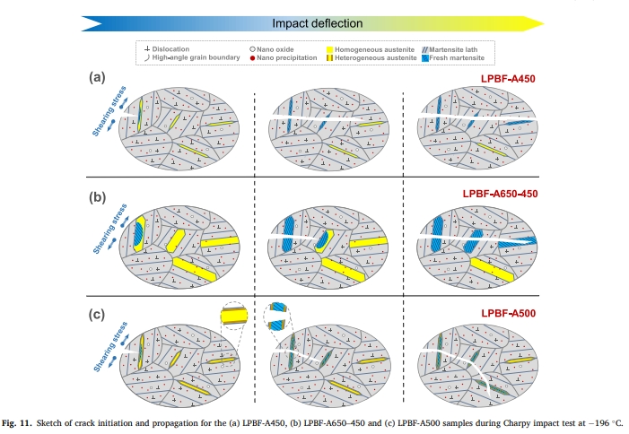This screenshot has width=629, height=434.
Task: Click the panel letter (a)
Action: (x=98, y=77)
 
